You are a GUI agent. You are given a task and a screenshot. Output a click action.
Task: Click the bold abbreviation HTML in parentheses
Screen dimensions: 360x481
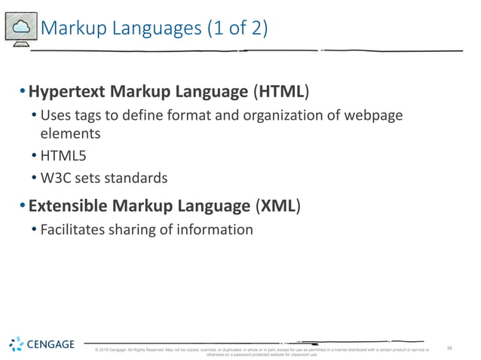point(284,93)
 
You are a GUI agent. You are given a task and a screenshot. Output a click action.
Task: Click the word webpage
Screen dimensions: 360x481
point(373,116)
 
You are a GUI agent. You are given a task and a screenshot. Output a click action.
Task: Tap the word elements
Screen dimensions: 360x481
point(70,133)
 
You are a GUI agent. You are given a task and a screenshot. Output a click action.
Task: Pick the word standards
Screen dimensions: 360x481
point(136,178)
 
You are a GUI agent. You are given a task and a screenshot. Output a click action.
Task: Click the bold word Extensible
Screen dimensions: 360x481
point(70,206)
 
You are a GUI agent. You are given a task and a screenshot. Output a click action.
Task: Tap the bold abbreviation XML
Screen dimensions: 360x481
point(277,206)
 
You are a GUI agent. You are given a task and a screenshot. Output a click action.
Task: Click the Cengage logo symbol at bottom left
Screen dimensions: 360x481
point(18,345)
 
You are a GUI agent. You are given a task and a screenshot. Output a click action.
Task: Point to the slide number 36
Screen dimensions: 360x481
point(449,348)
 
